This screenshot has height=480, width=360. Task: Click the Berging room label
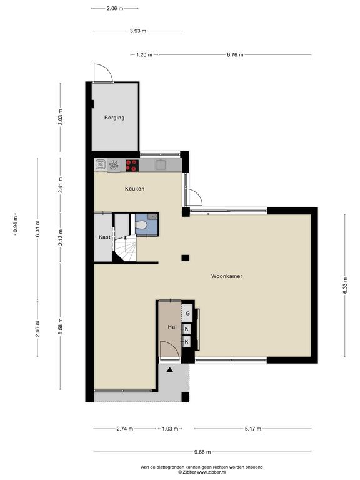114,117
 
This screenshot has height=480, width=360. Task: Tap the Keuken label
134,189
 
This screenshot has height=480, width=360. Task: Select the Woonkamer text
226,276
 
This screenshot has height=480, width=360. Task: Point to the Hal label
172,327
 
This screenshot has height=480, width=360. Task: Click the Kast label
104,237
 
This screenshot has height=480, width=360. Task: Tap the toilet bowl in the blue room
141,225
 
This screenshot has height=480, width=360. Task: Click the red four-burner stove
132,165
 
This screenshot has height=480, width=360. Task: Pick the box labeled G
187,313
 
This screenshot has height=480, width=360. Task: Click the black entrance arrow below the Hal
169,370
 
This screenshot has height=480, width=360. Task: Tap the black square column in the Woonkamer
185,257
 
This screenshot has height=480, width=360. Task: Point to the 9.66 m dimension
202,452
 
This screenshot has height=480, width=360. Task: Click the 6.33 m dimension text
345,286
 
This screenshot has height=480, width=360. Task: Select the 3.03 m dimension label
60,117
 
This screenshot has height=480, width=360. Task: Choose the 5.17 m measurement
253,429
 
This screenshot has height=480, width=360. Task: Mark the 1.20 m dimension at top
144,55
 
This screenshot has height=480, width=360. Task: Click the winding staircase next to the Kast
125,248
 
